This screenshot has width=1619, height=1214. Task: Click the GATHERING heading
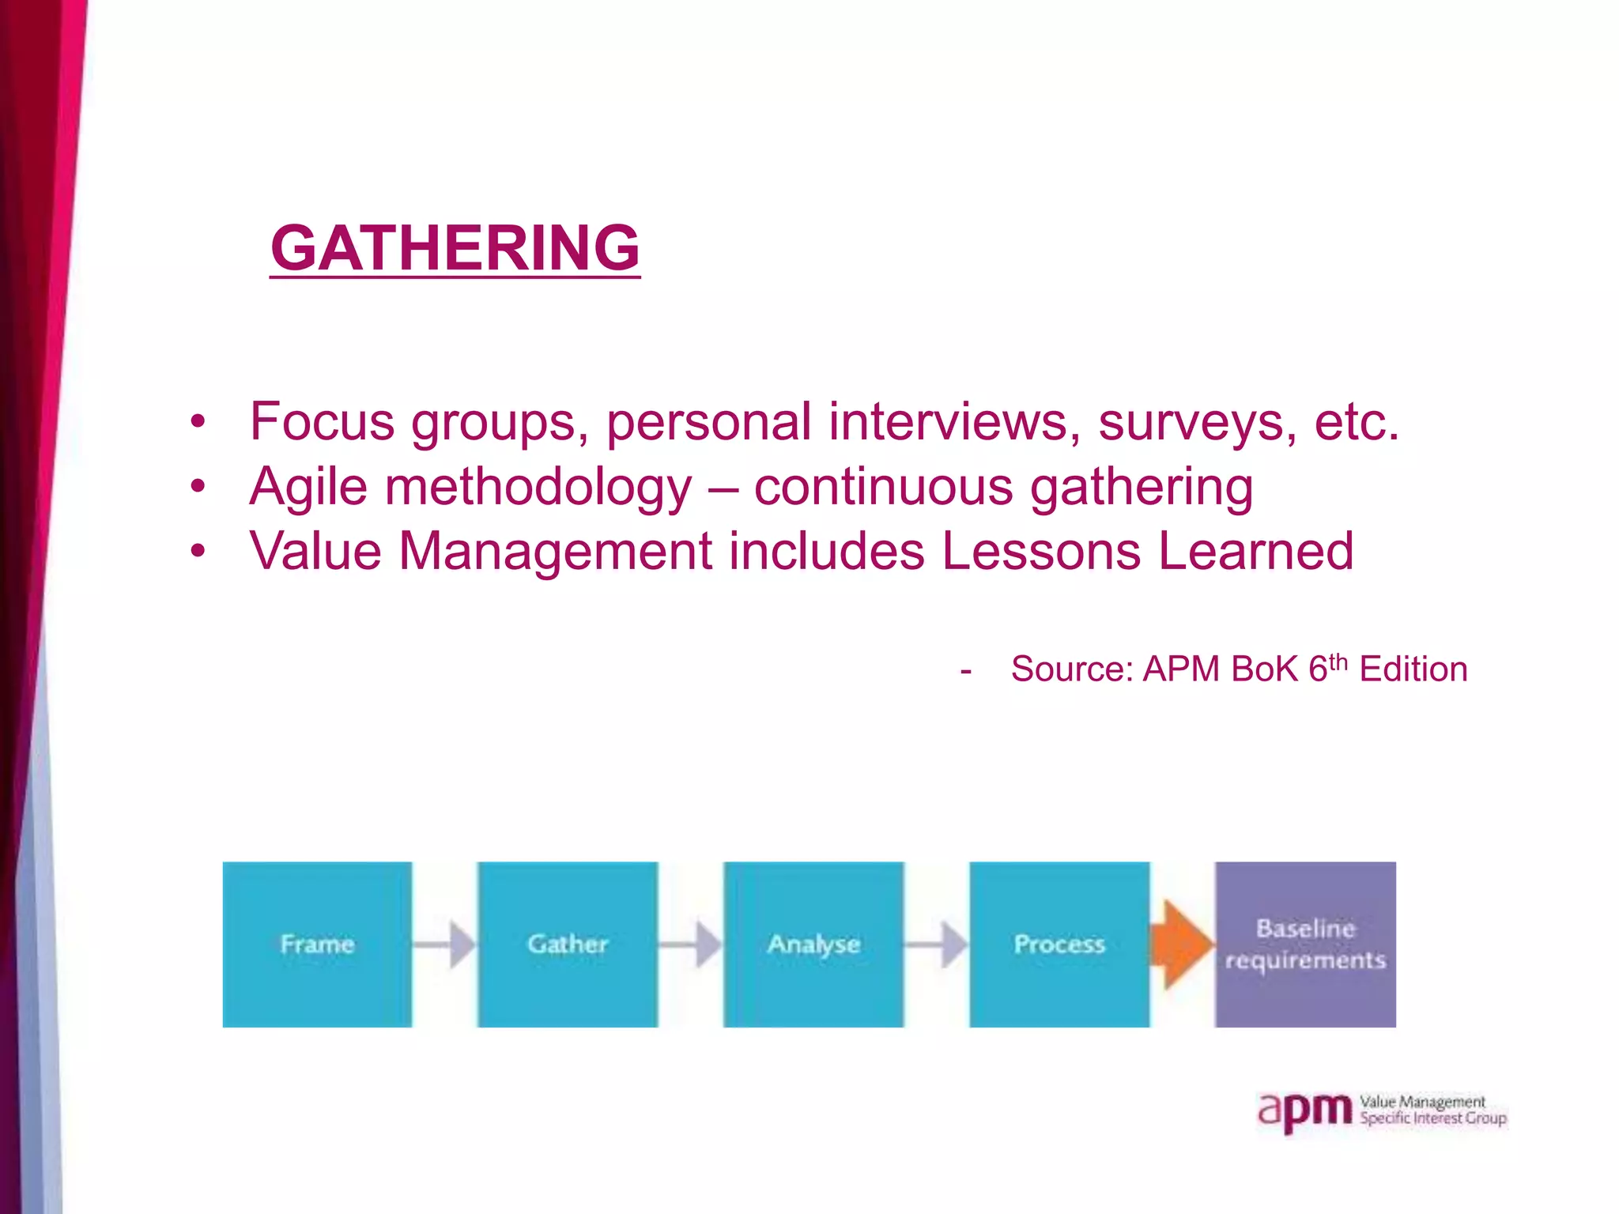[x=455, y=248]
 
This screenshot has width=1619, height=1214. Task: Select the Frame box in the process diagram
[x=317, y=944]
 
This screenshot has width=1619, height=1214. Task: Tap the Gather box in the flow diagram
[x=568, y=944]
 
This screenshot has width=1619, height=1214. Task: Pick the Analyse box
[x=813, y=944]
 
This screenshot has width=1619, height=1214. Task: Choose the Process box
[x=1059, y=944]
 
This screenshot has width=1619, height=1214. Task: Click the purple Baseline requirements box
[x=1305, y=944]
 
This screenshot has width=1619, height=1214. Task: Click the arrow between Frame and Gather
[x=445, y=944]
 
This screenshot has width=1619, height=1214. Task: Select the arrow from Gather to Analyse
[x=691, y=944]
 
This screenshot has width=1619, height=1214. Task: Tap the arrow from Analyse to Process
[x=937, y=944]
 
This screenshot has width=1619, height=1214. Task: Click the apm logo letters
[x=1305, y=1111]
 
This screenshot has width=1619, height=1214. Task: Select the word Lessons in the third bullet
[x=1041, y=551]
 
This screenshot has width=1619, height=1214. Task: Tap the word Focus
[x=322, y=421]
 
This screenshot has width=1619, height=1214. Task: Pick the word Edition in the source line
[x=1413, y=669]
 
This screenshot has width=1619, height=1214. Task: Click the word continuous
[x=883, y=487]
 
